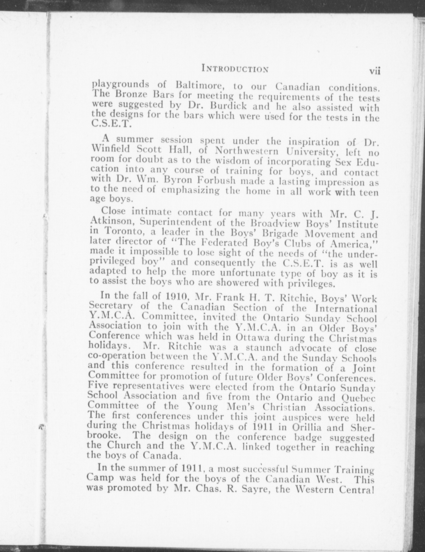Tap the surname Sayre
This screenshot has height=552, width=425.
(x=251, y=488)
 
